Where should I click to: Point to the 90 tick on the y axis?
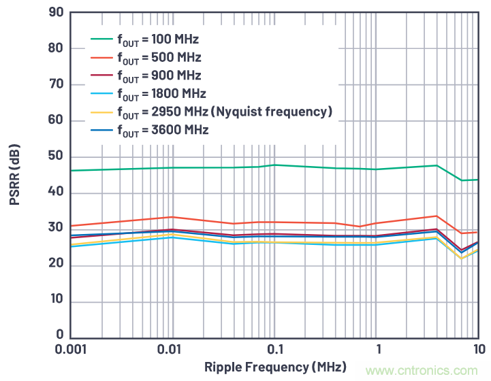56,12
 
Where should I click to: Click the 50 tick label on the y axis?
56,156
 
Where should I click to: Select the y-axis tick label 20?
56,265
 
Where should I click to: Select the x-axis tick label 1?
378,349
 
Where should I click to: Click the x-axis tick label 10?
478,349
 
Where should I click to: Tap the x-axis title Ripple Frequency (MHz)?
275,367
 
